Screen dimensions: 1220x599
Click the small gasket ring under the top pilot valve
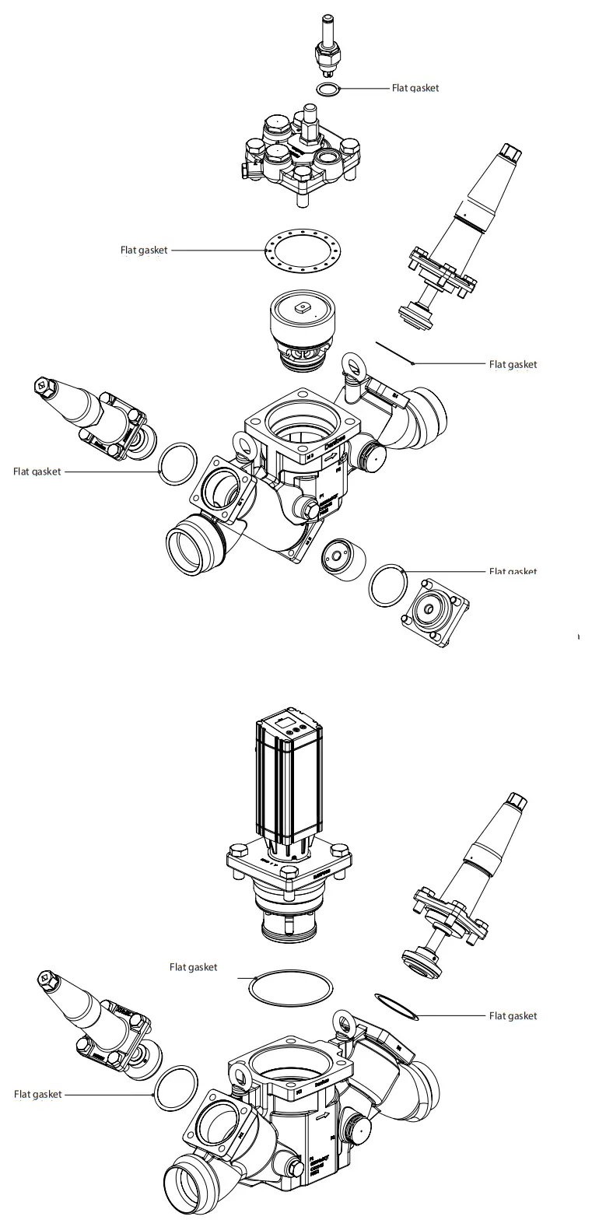click(328, 90)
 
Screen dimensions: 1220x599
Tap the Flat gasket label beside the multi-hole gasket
click(143, 251)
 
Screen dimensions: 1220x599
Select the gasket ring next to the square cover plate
click(387, 587)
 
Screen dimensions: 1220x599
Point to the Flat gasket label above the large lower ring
click(193, 967)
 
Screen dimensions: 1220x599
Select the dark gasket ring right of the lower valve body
click(396, 1005)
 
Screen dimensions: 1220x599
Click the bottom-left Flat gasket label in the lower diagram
click(37, 1094)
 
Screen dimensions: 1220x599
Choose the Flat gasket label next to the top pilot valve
click(415, 88)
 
